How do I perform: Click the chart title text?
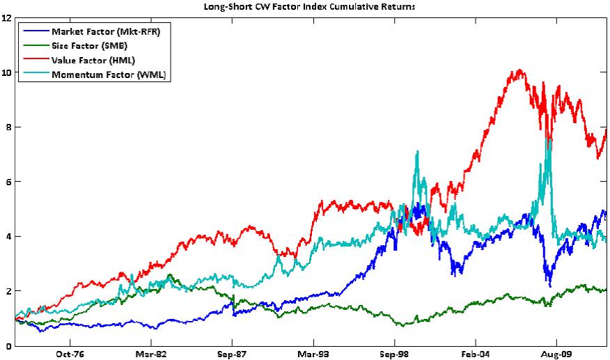tap(304, 6)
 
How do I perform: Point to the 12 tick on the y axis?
tap(7, 18)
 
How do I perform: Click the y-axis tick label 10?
tap(7, 72)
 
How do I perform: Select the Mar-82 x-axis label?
tap(150, 354)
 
